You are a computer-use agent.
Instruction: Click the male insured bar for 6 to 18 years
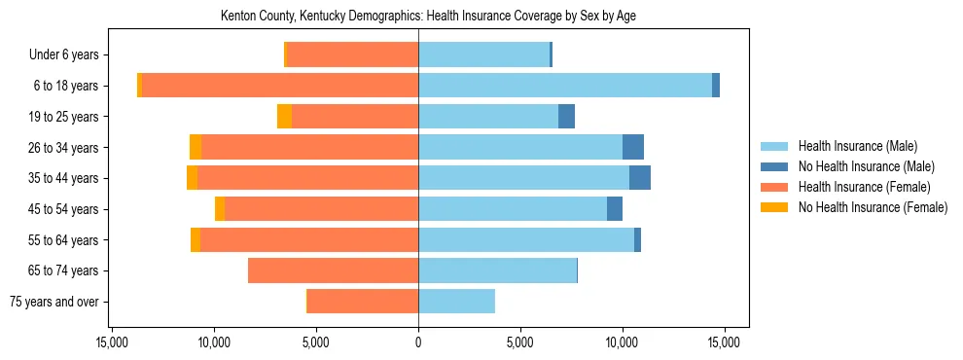point(564,86)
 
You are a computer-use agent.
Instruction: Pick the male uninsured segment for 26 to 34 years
point(633,147)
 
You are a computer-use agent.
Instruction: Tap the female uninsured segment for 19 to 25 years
point(284,117)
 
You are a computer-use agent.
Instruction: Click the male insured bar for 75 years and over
point(456,302)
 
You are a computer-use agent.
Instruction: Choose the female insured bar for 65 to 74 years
point(333,270)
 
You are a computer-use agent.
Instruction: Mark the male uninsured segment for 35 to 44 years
point(640,178)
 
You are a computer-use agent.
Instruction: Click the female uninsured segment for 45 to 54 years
point(220,209)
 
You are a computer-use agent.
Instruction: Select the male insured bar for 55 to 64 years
point(526,239)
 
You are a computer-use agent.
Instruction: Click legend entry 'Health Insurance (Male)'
point(857,146)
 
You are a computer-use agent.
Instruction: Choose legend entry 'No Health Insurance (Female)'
point(873,207)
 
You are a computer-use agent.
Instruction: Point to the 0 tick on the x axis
point(418,342)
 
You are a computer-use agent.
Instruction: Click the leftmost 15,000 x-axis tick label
point(112,342)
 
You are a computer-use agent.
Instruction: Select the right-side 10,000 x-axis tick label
point(622,342)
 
